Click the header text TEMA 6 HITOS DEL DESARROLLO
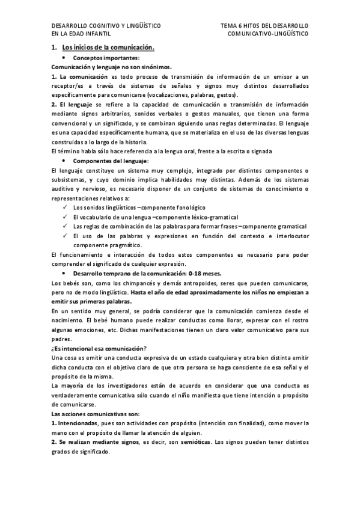264,26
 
